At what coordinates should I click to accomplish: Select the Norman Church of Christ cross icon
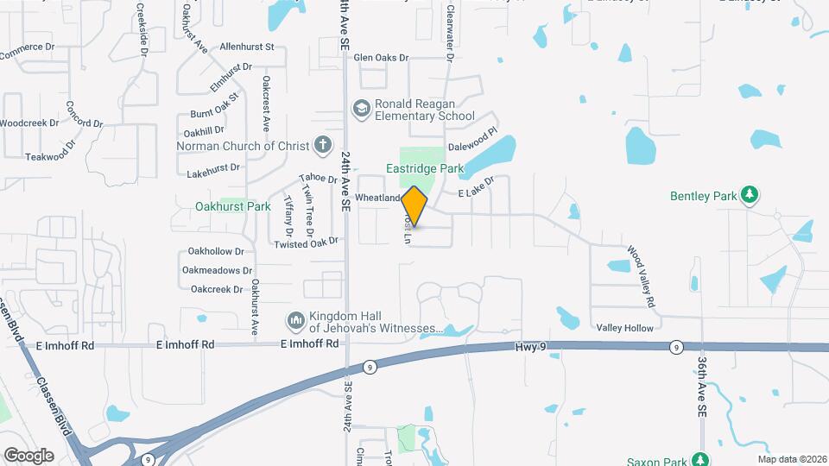pyautogui.click(x=322, y=145)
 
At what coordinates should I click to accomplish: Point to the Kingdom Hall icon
pyautogui.click(x=296, y=321)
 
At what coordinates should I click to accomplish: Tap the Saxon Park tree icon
pyautogui.click(x=700, y=458)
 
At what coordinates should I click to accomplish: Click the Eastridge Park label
pyautogui.click(x=424, y=169)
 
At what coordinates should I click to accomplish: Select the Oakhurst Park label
pyautogui.click(x=233, y=206)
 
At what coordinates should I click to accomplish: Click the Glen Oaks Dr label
pyautogui.click(x=380, y=58)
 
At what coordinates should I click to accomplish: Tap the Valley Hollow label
pyautogui.click(x=625, y=328)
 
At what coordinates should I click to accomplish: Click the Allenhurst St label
pyautogui.click(x=247, y=47)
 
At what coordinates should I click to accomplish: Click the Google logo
pyautogui.click(x=28, y=456)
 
